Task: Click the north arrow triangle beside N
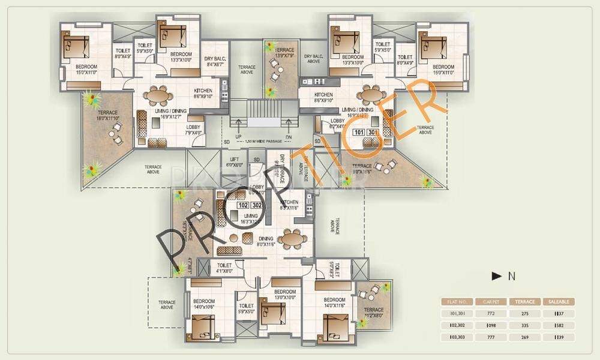[x=496, y=277]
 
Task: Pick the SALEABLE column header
[x=559, y=302]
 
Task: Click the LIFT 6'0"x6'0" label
[x=233, y=162]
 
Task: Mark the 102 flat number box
[x=243, y=205]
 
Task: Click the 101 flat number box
[x=359, y=133]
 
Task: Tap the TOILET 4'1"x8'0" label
[x=226, y=267]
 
